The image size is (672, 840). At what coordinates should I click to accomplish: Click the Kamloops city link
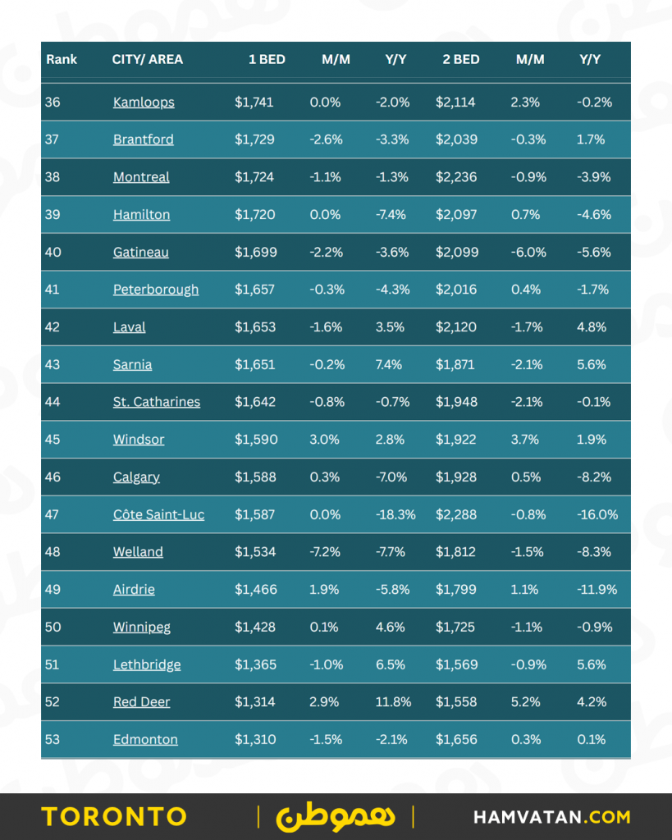coord(144,103)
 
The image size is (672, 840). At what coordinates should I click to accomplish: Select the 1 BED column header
coord(267,60)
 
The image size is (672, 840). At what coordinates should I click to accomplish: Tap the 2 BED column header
coord(462,60)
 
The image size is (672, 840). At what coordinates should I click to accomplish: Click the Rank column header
coord(62,60)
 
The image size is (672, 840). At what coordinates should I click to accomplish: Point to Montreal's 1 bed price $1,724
coord(254,177)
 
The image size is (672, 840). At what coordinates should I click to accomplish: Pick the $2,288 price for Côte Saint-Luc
coord(457,515)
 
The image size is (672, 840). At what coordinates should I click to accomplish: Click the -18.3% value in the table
coord(395,515)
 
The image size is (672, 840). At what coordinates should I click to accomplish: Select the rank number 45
coord(53,440)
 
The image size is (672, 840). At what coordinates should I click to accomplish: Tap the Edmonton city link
coord(145,740)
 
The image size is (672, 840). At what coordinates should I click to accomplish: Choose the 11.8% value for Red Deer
coord(393,702)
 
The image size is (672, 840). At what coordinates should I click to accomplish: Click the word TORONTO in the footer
coord(114,817)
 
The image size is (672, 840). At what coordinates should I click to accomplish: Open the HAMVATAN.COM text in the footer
coord(552,817)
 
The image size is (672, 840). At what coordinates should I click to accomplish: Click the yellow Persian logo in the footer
coord(335,815)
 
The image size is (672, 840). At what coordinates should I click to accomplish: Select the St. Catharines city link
coord(156,402)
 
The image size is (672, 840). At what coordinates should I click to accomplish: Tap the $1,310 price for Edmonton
coord(255,740)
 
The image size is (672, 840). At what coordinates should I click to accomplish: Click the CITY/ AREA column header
coord(148,60)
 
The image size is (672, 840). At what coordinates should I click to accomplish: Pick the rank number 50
coord(53,628)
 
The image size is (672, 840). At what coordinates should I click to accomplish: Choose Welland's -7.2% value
coord(326,552)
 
